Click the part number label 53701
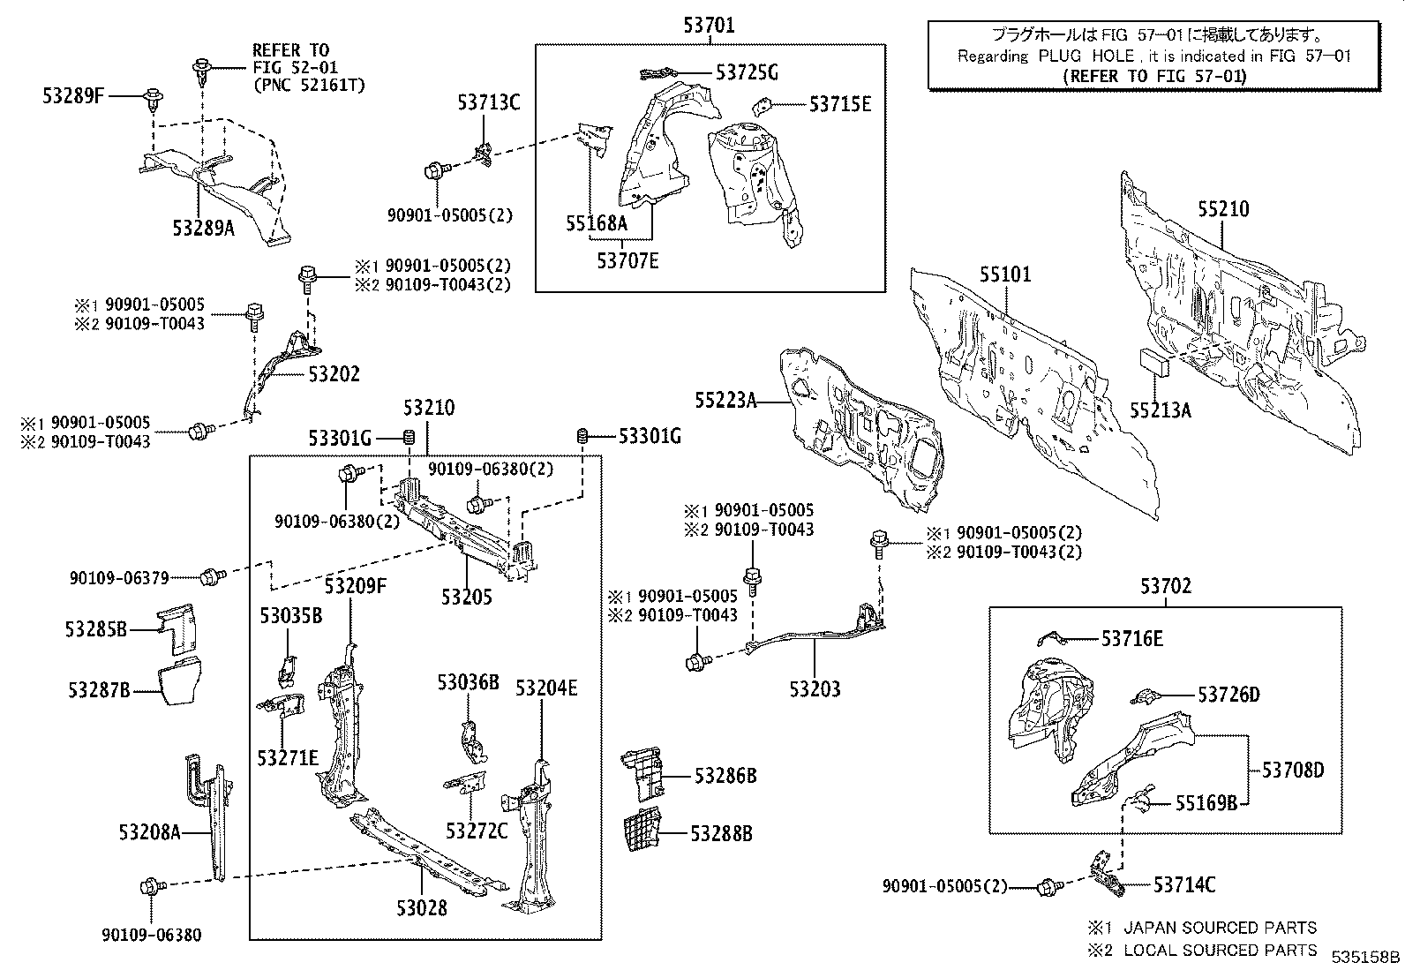708,26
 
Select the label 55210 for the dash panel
1223,209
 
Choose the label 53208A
148,831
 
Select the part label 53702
1164,586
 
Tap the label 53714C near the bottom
1183,884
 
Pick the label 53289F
73,95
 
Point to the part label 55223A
725,401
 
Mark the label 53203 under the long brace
815,689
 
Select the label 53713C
488,103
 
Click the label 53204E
546,688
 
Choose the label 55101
1004,274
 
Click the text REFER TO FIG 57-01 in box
1155,76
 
